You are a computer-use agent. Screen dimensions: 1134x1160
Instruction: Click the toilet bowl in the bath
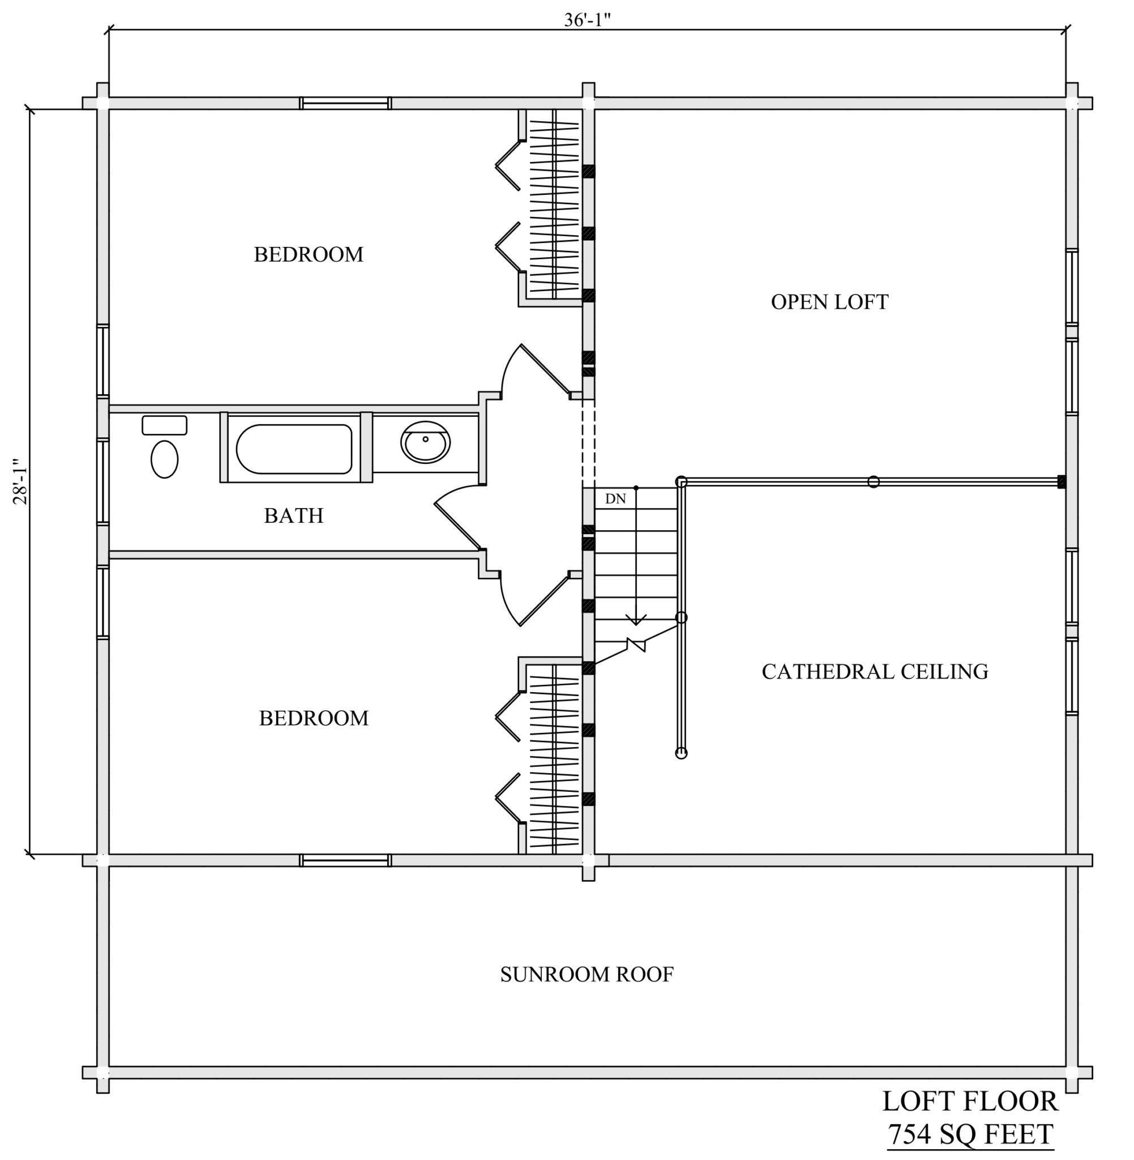point(164,459)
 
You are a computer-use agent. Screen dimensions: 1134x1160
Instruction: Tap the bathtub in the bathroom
point(294,449)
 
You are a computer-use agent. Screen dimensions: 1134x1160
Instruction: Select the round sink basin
point(425,442)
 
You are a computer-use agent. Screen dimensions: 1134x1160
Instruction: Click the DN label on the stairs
point(615,498)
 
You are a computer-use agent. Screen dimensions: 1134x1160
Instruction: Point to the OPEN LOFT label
point(829,302)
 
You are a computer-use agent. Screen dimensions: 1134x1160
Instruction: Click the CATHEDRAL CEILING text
point(875,671)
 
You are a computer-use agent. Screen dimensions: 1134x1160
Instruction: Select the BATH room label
point(294,515)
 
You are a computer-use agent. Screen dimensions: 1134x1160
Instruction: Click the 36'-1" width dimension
point(587,20)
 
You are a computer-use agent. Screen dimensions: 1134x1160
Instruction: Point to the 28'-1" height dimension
point(20,481)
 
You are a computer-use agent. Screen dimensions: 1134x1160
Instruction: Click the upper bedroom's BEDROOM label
point(309,254)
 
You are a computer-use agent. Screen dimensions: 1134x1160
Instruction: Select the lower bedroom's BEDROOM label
point(314,718)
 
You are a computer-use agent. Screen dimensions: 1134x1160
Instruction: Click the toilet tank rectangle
point(164,425)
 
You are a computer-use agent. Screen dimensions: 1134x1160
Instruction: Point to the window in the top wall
point(345,103)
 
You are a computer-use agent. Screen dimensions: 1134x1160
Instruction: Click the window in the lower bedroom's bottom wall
point(345,860)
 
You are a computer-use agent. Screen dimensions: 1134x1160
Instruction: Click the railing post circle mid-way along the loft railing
point(873,481)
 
